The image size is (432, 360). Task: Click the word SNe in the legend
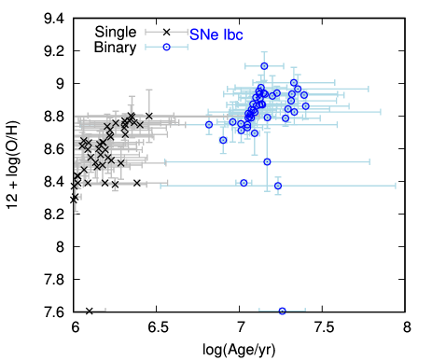[x=203, y=35]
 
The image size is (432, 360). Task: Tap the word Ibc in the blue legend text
[x=233, y=35]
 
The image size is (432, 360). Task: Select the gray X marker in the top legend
[x=166, y=32]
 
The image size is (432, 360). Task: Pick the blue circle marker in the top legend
[x=166, y=47]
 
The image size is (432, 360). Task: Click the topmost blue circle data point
[x=264, y=66]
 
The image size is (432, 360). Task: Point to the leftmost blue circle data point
[x=209, y=124]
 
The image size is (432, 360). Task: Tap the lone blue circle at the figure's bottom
[x=282, y=311]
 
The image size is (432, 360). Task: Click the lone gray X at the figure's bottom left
[x=90, y=311]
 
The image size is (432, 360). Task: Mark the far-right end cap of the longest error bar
[x=396, y=186]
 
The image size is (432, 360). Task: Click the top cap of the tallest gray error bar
[x=148, y=90]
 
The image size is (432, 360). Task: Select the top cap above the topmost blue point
[x=264, y=53]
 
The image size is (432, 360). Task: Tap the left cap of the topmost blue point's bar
[x=246, y=66]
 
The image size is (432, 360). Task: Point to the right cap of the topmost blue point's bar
[x=283, y=66]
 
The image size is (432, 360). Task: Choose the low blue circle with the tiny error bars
[x=244, y=183]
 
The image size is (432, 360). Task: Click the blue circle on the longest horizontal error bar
[x=277, y=186]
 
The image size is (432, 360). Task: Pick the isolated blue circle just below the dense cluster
[x=267, y=161]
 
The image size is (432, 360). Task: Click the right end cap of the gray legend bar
[x=187, y=32]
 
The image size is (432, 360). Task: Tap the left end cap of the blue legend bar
[x=146, y=47]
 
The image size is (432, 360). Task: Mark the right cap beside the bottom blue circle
[x=304, y=311]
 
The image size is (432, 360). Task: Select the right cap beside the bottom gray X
[x=105, y=311]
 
